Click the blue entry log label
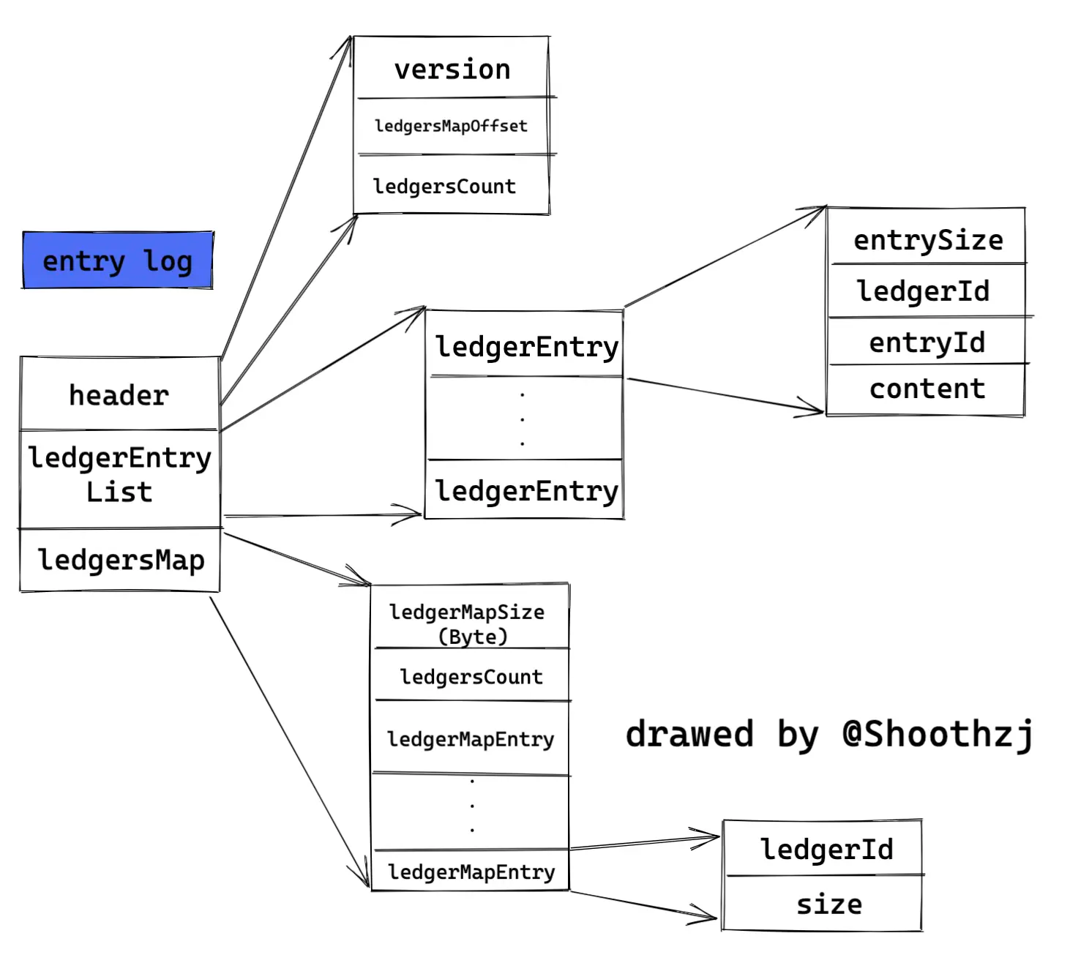(117, 261)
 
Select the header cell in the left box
(119, 395)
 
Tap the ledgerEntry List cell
(119, 476)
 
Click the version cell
(452, 70)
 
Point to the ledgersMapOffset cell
(451, 126)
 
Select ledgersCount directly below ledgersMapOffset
(445, 187)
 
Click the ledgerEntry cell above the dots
(526, 346)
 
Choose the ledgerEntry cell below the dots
(526, 490)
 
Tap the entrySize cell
(927, 240)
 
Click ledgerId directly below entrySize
(924, 291)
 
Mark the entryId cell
(927, 342)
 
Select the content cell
(927, 389)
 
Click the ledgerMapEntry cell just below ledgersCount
(471, 739)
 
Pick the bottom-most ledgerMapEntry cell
(471, 872)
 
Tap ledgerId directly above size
(826, 850)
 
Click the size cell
(828, 904)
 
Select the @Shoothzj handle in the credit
(938, 734)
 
